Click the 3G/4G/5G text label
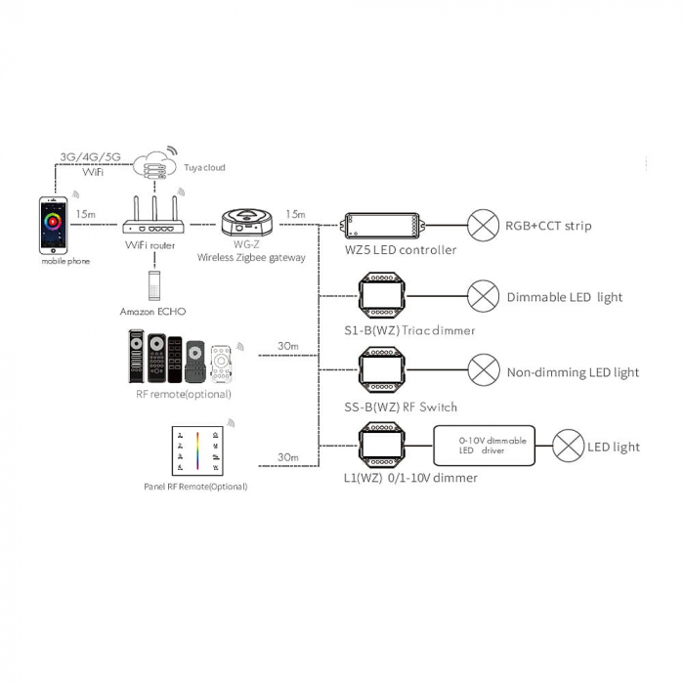tap(91, 156)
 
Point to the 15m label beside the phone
tap(84, 213)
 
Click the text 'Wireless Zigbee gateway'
tap(252, 258)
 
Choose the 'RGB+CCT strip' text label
tap(548, 227)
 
